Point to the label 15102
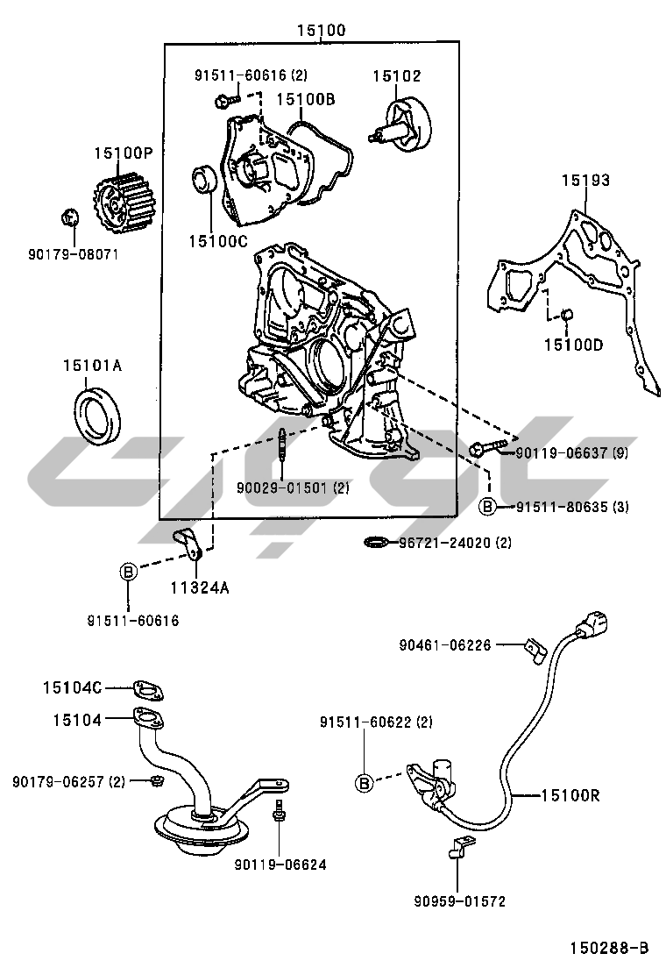coord(396,76)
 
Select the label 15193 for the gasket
coord(585,181)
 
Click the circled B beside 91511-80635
coord(487,506)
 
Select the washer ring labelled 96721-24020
coord(376,544)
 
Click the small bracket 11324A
coord(189,544)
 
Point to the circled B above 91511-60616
coord(128,572)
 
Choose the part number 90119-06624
coord(280,864)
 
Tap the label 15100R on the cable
coord(570,795)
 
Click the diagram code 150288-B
coord(609,947)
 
